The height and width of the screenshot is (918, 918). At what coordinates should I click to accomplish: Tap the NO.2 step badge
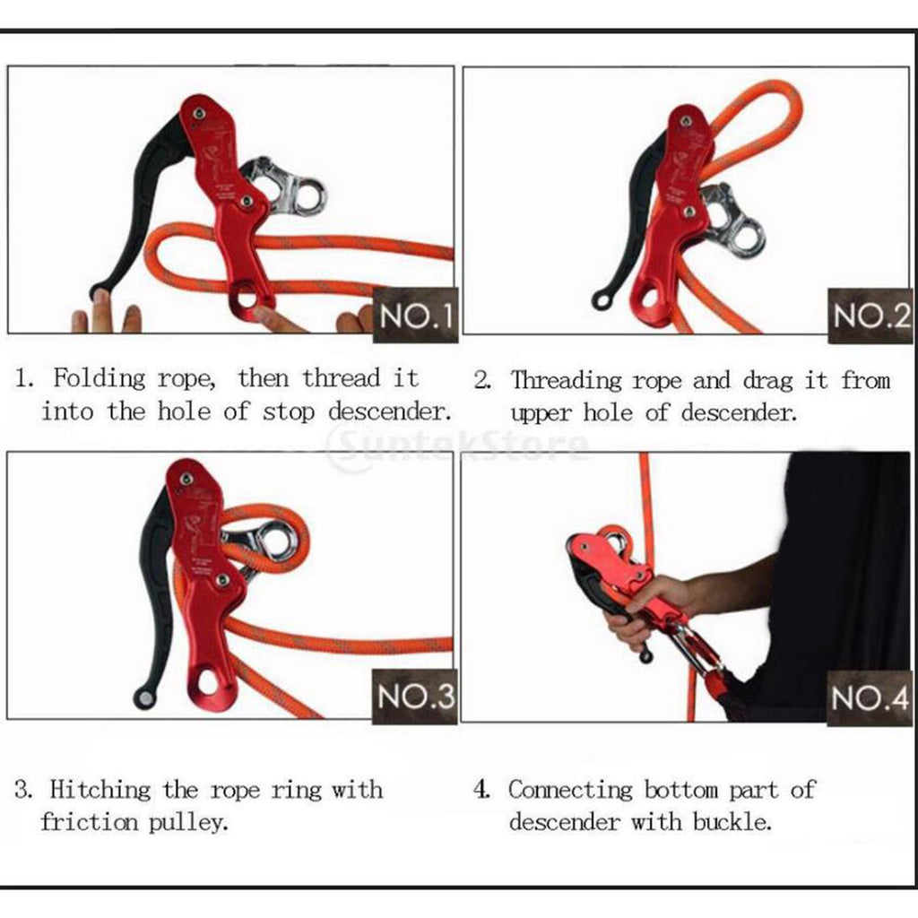tap(870, 316)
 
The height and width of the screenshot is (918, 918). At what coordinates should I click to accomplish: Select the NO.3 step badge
tap(414, 697)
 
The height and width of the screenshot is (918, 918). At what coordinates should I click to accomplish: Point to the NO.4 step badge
tap(870, 697)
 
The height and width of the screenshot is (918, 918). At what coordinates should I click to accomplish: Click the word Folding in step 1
tap(99, 377)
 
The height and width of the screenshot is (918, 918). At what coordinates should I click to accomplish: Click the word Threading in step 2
tap(566, 380)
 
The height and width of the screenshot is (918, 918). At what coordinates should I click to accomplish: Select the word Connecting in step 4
tap(570, 790)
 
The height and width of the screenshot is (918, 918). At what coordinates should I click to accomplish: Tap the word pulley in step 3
tap(187, 823)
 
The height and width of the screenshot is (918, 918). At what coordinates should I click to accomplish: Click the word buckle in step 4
tap(732, 822)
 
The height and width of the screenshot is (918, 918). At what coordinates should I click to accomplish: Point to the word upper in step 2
tap(541, 414)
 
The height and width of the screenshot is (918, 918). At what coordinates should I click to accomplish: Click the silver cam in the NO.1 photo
tap(284, 186)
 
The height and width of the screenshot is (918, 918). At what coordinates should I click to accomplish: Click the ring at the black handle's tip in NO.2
tap(602, 299)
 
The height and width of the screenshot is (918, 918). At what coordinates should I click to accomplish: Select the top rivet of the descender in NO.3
tap(187, 480)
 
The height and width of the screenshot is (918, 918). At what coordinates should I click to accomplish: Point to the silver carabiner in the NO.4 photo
tap(697, 648)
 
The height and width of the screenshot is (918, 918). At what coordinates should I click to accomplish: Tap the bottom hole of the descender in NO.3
tap(208, 682)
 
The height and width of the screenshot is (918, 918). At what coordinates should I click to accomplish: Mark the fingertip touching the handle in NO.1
tap(101, 299)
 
